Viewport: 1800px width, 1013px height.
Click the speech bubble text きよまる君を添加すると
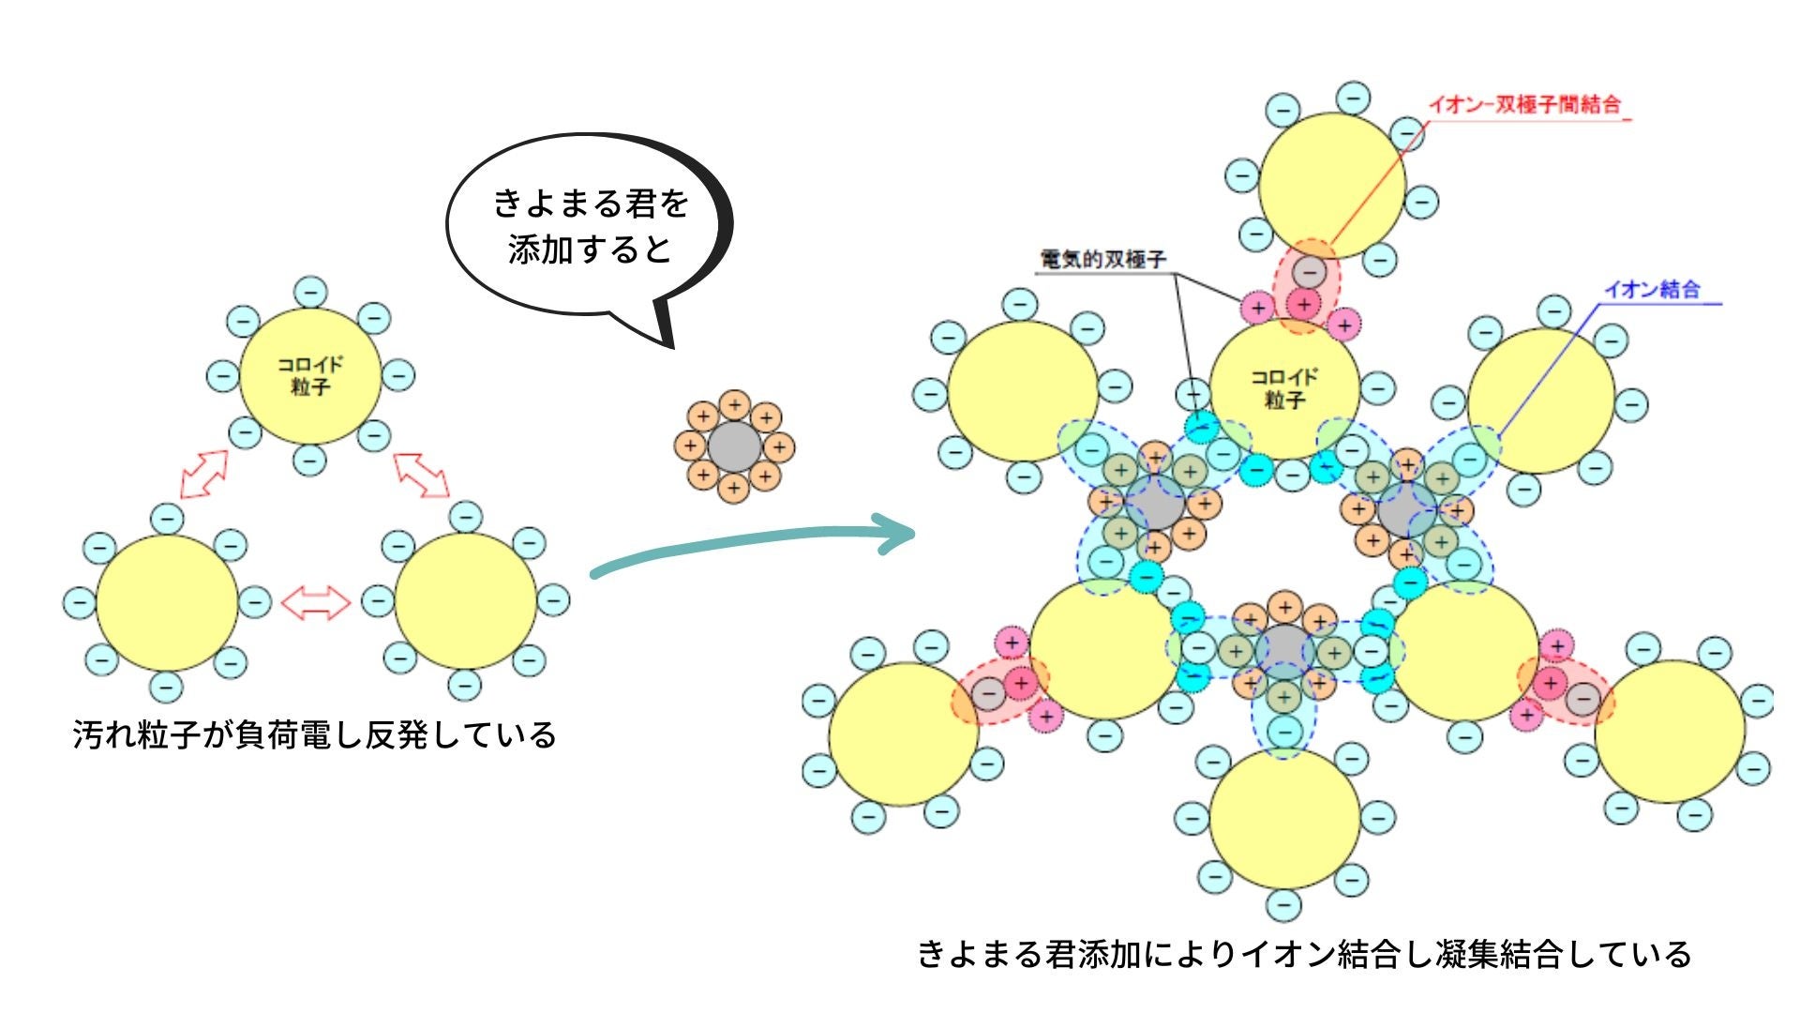(591, 226)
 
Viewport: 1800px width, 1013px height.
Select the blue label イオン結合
(1652, 290)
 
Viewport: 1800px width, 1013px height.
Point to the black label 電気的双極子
(1103, 259)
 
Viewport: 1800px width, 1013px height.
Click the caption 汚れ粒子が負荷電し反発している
(315, 734)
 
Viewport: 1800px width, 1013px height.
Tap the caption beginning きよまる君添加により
(1304, 954)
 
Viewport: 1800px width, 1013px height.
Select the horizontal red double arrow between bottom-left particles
(316, 602)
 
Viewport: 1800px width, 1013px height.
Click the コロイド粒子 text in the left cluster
(310, 376)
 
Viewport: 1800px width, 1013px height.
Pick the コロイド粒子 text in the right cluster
(1284, 388)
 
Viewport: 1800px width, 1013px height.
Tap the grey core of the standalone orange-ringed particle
(735, 446)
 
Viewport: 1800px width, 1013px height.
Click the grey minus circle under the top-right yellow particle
(1309, 272)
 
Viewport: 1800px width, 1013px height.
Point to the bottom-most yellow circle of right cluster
(1284, 818)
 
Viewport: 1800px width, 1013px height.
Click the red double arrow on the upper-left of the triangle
(204, 474)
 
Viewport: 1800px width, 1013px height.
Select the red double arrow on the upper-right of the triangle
(421, 474)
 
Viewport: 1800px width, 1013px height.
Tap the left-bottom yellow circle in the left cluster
(167, 602)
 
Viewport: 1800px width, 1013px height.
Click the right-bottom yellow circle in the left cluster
(466, 602)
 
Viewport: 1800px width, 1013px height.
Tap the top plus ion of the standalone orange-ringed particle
(735, 405)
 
